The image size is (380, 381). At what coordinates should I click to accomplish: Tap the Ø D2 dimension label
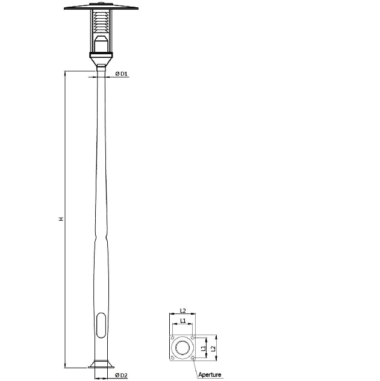(121, 376)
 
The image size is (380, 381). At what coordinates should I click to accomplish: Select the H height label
(60, 219)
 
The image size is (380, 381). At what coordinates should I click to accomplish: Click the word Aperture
(210, 375)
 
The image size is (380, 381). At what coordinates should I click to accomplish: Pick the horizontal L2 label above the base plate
(182, 312)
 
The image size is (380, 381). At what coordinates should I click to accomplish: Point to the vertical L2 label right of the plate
(213, 348)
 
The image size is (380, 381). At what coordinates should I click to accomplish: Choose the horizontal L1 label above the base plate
(182, 321)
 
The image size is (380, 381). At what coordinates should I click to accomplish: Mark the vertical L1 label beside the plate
(204, 348)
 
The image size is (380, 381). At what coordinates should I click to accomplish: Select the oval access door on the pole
(100, 326)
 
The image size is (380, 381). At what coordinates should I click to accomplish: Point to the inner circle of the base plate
(182, 348)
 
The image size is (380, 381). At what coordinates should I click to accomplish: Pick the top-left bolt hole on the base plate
(172, 338)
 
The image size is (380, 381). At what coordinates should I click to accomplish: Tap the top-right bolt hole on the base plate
(192, 338)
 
